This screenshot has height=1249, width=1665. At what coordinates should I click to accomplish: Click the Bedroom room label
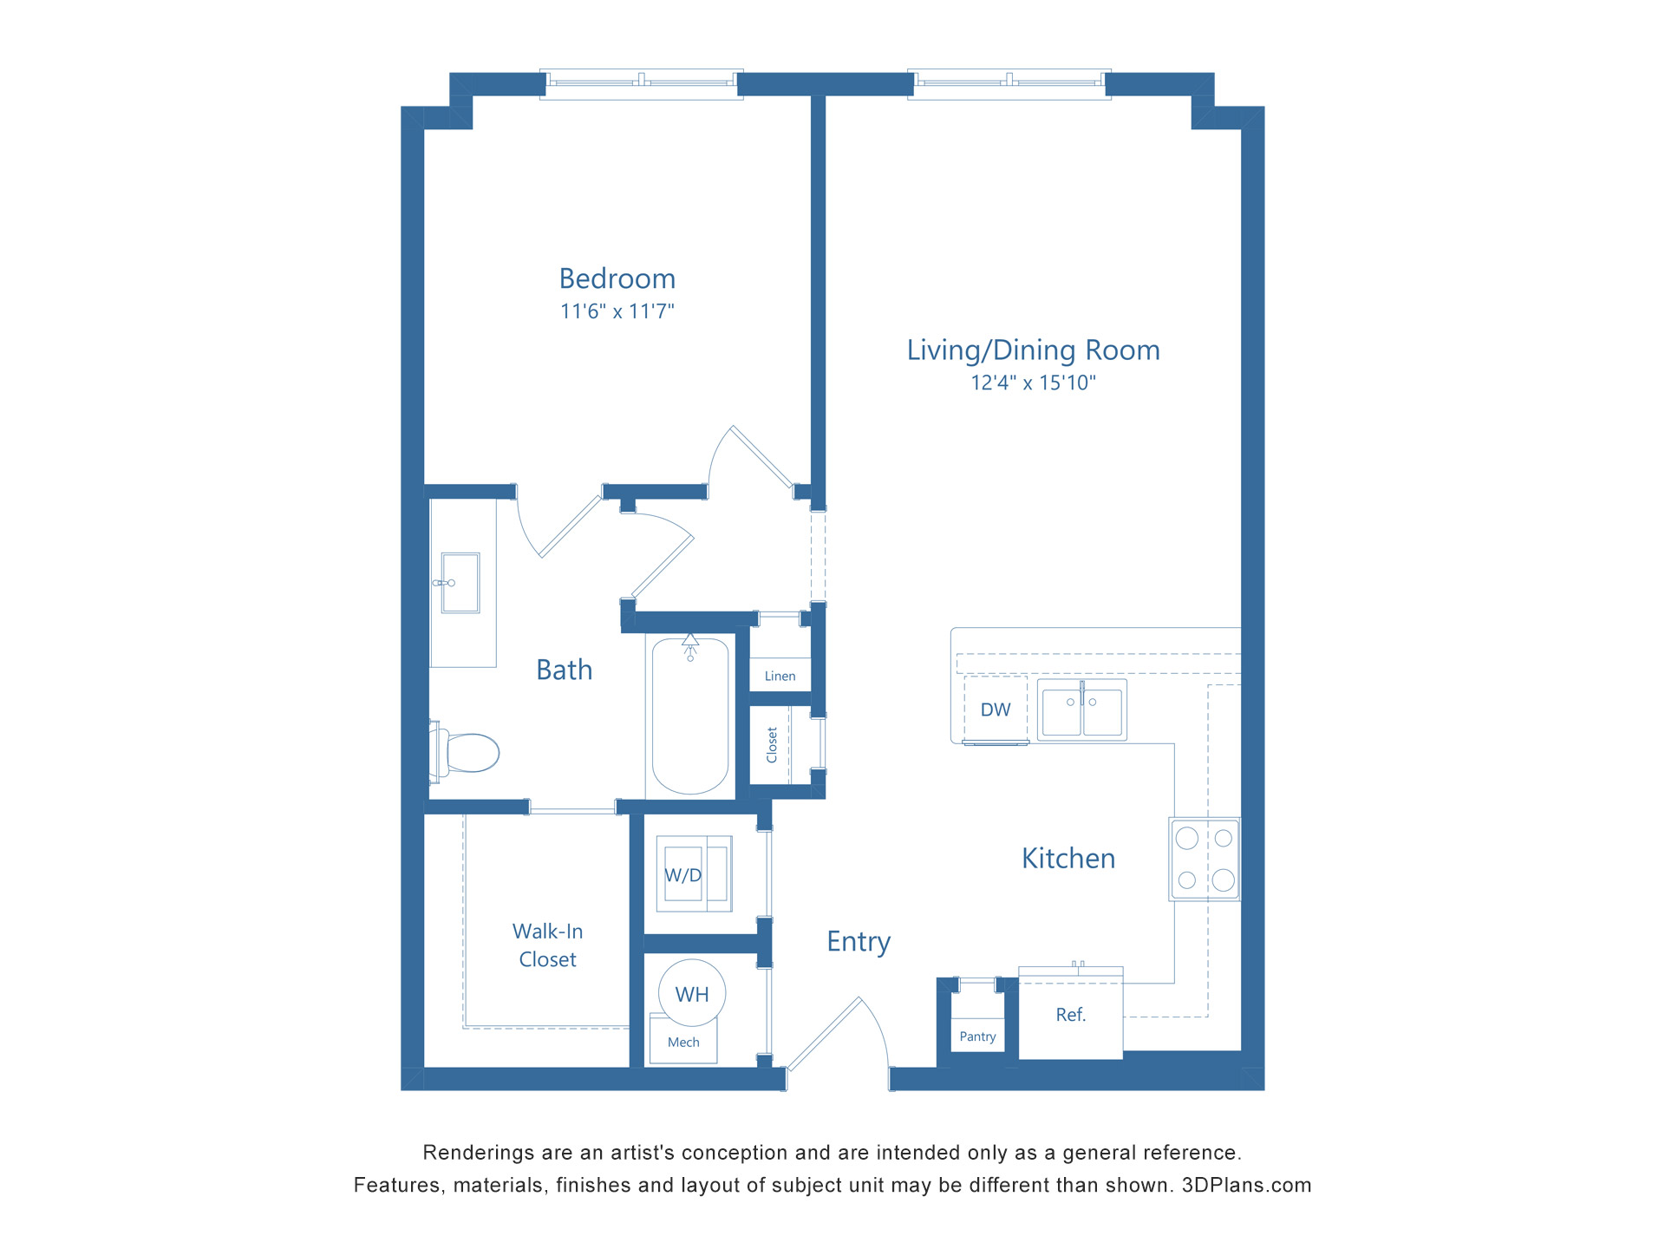(x=617, y=279)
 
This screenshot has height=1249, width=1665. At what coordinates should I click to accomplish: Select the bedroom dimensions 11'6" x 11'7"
(x=617, y=311)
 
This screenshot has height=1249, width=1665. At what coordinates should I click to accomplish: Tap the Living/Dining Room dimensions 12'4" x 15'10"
(x=1033, y=383)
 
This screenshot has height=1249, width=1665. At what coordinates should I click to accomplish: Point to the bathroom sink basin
(x=460, y=583)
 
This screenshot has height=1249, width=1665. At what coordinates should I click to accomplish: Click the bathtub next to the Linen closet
(x=690, y=716)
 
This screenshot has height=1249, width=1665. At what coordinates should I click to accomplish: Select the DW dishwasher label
(x=996, y=710)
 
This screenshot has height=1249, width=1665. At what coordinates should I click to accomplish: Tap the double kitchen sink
(x=1081, y=710)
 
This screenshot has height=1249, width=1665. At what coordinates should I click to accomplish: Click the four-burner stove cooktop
(x=1205, y=859)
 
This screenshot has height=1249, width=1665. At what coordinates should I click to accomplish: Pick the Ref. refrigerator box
(x=1070, y=1015)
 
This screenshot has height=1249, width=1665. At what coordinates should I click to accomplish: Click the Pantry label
(x=977, y=1036)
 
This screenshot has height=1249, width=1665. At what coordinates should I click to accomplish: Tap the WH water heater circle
(x=692, y=994)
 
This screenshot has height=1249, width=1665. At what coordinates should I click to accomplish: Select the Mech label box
(x=683, y=1043)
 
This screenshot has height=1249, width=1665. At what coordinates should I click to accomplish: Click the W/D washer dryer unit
(x=693, y=874)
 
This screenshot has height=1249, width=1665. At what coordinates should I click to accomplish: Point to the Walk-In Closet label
(x=547, y=945)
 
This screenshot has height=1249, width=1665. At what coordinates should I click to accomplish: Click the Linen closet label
(x=780, y=677)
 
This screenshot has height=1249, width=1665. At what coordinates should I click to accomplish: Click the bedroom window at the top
(x=641, y=83)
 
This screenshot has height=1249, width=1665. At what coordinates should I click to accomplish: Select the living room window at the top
(x=1009, y=83)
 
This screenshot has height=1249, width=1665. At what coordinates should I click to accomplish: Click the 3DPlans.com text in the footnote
(x=1246, y=1186)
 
